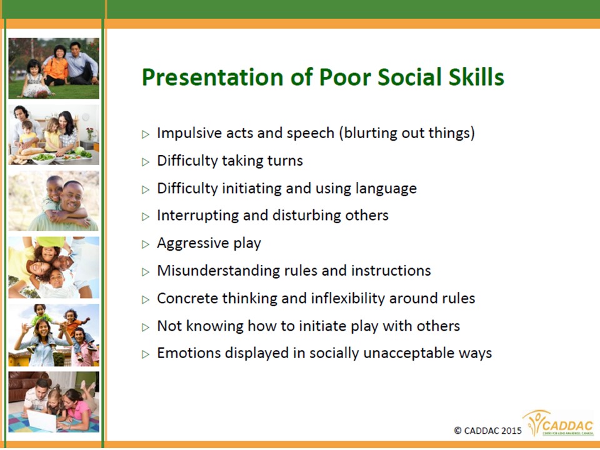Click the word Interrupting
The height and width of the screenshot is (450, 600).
tap(198, 216)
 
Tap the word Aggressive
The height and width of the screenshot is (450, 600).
tap(193, 244)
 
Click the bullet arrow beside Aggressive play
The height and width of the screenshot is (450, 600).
tap(146, 244)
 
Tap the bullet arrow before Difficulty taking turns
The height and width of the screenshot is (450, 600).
tap(146, 162)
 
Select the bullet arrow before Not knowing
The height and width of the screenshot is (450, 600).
tap(146, 327)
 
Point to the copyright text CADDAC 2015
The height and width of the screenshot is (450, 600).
tap(487, 431)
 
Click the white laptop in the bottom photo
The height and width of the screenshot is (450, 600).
tap(42, 420)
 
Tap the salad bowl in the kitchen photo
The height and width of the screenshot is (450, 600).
tap(44, 158)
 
